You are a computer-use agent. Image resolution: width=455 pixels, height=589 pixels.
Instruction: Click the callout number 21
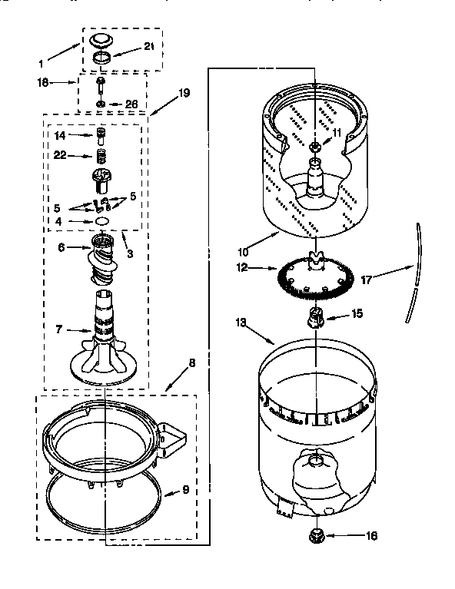[150, 47]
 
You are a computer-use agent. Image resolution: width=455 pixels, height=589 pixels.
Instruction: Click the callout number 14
[61, 135]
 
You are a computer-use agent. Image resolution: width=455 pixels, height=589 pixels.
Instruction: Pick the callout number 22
[61, 156]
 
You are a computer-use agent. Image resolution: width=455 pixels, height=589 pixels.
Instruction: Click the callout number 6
[61, 247]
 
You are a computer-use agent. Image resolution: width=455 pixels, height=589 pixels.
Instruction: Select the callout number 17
[367, 280]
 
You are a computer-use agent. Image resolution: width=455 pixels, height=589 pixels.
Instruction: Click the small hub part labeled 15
[315, 316]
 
